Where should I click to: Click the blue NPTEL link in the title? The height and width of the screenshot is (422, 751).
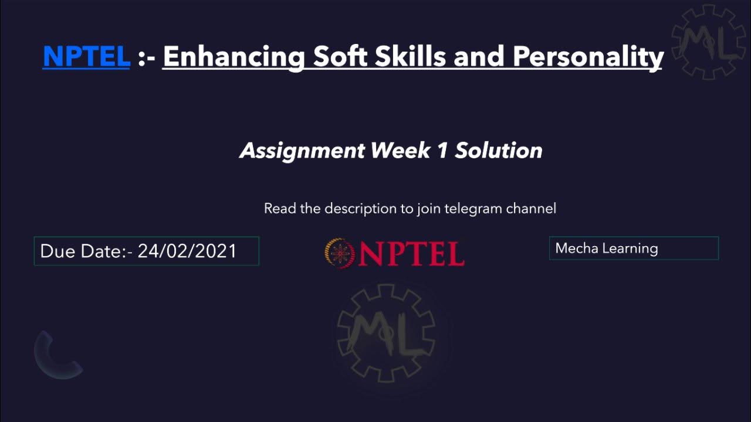click(x=86, y=56)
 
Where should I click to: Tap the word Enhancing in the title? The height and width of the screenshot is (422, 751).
click(x=234, y=56)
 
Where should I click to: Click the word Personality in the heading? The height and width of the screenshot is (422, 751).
click(x=588, y=57)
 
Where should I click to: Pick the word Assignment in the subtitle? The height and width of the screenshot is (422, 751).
click(x=302, y=151)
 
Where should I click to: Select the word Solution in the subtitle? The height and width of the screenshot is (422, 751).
click(x=499, y=151)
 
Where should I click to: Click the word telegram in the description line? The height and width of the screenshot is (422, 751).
click(x=466, y=209)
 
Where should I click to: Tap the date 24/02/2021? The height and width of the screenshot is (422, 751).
click(x=187, y=251)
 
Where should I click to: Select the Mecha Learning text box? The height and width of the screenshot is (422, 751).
click(x=634, y=249)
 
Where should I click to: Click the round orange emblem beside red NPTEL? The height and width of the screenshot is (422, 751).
click(x=340, y=253)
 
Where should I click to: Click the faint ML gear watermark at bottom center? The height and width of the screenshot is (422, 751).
click(x=385, y=333)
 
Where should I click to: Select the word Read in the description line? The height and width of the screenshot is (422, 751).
click(x=280, y=209)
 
